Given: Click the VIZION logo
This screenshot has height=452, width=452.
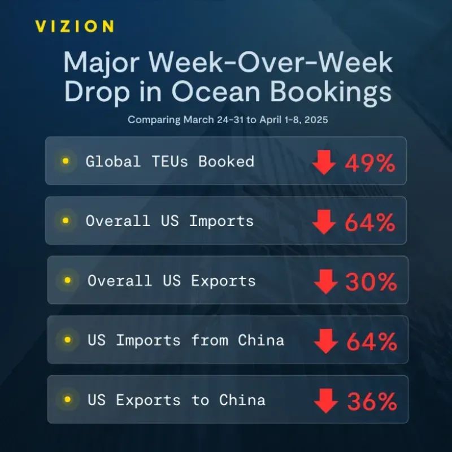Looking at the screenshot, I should [74, 27].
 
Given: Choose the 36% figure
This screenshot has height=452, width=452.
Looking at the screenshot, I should [372, 402].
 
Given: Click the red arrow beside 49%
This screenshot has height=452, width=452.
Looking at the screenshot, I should [324, 163].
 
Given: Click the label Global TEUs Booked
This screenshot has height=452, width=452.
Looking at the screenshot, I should [170, 161].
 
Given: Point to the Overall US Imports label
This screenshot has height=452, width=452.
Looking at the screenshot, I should [170, 220].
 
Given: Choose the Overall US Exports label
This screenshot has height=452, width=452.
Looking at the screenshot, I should [172, 280].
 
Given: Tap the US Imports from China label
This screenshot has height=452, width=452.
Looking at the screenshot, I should [186, 340].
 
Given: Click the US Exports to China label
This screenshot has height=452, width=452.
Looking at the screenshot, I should [176, 400].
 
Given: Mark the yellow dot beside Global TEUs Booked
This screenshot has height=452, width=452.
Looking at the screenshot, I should [66, 161].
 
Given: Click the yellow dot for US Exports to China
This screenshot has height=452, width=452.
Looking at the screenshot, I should [68, 400].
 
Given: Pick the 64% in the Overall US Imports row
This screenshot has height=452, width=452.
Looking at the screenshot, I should [370, 223].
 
